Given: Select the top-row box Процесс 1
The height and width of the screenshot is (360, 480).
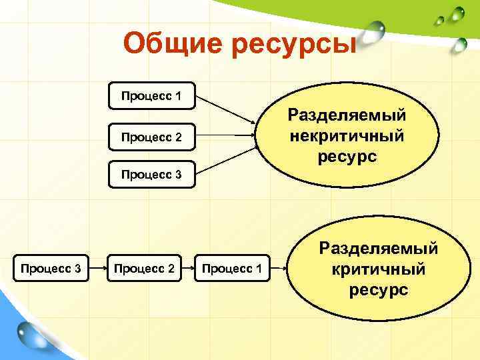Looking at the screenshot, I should point(151,97).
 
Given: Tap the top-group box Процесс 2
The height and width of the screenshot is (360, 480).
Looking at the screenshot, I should point(151,137).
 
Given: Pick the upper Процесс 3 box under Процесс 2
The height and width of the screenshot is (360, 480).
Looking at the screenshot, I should point(151,175).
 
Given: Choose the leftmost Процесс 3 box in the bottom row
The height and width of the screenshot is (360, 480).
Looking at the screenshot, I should point(51,268).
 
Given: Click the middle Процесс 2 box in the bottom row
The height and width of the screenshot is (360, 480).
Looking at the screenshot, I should point(145,268).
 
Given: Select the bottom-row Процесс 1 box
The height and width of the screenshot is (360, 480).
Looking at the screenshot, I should point(231,268).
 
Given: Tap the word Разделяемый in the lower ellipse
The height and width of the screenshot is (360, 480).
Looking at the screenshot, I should point(378,249).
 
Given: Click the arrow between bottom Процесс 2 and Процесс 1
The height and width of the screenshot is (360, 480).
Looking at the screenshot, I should point(187,267).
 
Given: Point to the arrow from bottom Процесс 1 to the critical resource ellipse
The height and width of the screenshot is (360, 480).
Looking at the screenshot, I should point(279,268).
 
